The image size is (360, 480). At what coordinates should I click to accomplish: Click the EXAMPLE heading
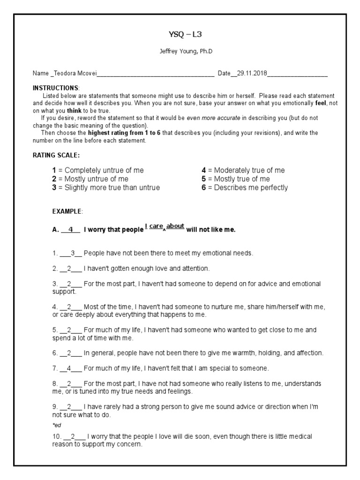(x=67, y=212)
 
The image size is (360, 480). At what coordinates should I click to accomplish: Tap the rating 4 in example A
(x=71, y=230)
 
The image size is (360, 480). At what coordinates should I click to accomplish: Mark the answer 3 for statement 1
(x=73, y=253)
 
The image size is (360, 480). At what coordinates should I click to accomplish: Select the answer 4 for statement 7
(x=69, y=368)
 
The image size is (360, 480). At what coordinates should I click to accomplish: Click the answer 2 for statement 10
(x=73, y=436)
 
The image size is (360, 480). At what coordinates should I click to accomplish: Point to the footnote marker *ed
(x=57, y=425)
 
